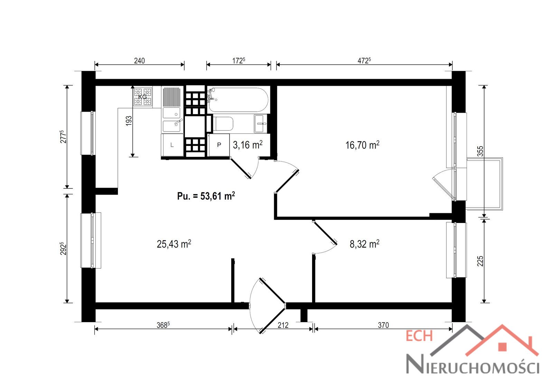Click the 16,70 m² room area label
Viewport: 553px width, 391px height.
coord(362,145)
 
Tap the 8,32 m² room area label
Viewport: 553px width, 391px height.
coord(364,244)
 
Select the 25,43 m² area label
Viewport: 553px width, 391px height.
coord(174,244)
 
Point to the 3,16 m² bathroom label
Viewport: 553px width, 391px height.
coord(247,145)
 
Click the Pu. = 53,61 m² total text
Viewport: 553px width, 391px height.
coord(206,196)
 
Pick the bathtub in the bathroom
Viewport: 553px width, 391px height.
coord(238,100)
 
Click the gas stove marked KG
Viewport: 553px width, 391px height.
coord(142,96)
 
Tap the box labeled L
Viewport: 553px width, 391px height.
coord(172,145)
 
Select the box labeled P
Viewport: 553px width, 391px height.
coord(219,145)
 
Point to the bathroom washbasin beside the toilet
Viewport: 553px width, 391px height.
coord(261,123)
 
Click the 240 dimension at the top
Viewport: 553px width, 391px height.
coord(139,61)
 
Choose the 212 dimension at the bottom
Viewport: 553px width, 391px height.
coord(283,325)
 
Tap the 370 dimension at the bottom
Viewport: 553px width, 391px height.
coord(383,325)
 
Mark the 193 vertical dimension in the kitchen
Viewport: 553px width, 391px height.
coord(129,121)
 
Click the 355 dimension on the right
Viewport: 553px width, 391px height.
coord(480,151)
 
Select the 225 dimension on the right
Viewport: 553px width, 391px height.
coord(480,261)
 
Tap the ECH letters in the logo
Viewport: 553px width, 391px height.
coord(420,336)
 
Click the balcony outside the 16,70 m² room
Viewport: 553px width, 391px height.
coord(484,184)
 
